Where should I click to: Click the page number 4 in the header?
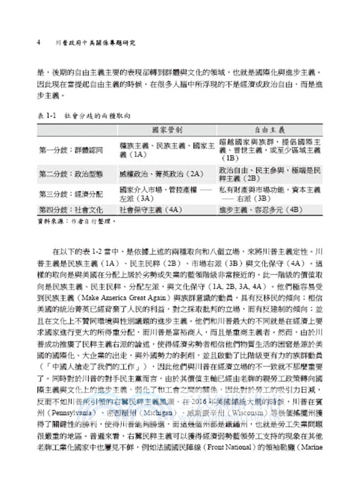pos(40,44)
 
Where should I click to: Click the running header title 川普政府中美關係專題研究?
pos(98,44)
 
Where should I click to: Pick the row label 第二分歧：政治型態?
pos(69,174)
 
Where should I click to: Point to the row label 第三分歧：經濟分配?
pos(69,194)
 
